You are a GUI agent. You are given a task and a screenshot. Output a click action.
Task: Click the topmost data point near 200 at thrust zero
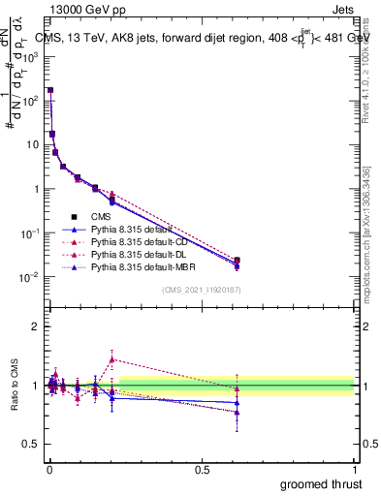(49, 90)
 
